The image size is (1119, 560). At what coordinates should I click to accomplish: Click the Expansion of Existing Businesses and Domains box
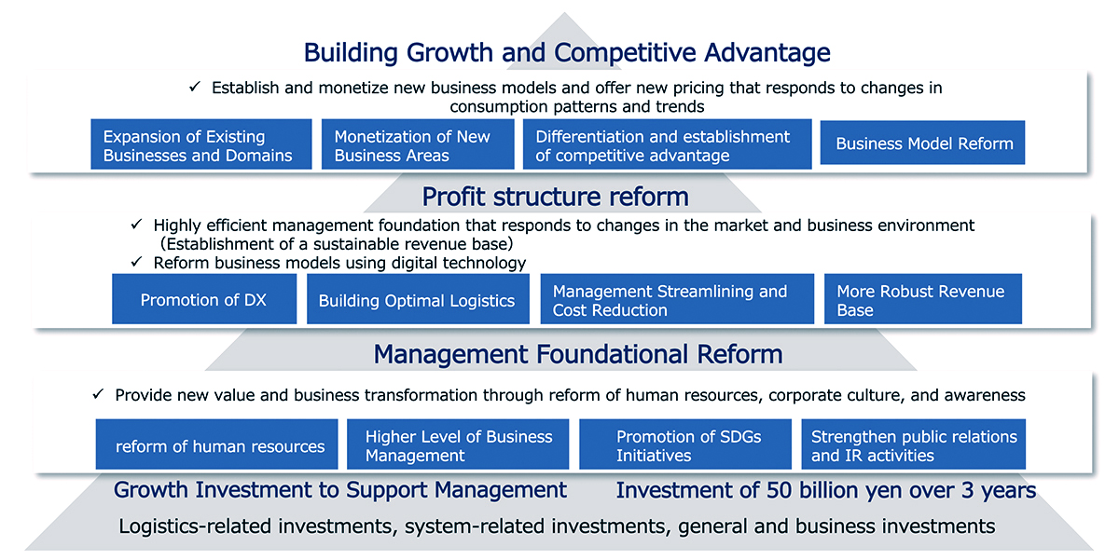click(x=200, y=144)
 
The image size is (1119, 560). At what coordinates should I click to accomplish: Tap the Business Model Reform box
click(x=922, y=144)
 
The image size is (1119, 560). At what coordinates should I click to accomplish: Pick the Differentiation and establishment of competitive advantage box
click(x=667, y=144)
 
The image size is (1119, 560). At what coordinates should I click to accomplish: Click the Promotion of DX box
click(x=203, y=299)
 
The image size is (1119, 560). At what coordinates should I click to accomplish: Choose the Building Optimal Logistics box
click(x=417, y=299)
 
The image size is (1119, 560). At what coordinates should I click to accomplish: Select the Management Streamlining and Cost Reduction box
click(x=676, y=299)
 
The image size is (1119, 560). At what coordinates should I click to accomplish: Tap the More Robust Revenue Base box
click(x=922, y=299)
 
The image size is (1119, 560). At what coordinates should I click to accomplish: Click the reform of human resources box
click(x=219, y=445)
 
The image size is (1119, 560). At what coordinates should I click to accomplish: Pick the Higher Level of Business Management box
click(x=457, y=445)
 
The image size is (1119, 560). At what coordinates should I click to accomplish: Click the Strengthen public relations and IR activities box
click(x=913, y=445)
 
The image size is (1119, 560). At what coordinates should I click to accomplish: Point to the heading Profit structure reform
click(x=555, y=198)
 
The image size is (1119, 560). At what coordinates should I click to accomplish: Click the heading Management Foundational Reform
click(x=577, y=354)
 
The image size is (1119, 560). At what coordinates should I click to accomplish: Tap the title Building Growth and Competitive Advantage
click(x=566, y=52)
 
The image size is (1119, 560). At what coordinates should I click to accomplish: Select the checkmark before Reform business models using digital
click(x=136, y=263)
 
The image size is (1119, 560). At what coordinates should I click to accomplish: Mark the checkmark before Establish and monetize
click(x=195, y=87)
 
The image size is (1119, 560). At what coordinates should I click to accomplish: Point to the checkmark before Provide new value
click(x=98, y=394)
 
